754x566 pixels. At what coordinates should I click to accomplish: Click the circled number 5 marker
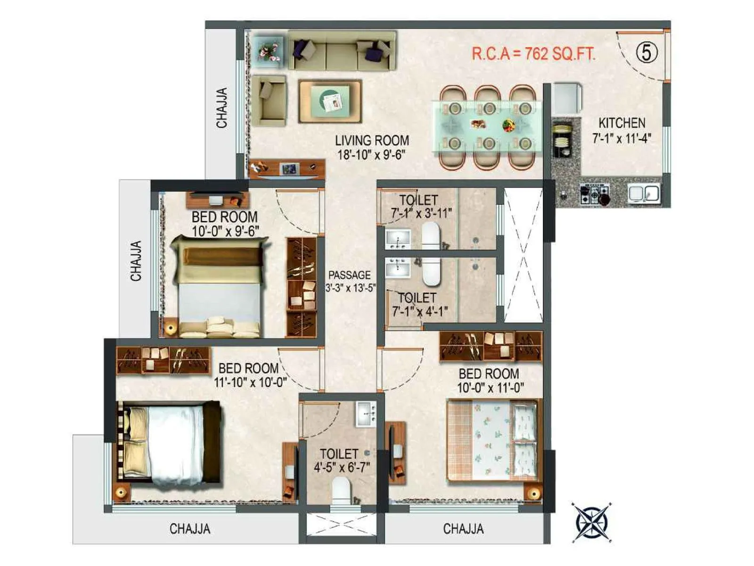coord(647,53)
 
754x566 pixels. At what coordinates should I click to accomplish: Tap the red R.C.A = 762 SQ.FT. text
coord(533,54)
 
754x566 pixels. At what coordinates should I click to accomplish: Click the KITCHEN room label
coord(622,123)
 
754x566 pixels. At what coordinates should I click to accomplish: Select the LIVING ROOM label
coord(372,140)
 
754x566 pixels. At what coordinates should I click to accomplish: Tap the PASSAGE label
coord(350,275)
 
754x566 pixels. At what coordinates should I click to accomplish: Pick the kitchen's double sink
coord(644,194)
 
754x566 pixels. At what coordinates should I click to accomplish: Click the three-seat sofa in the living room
coord(341,50)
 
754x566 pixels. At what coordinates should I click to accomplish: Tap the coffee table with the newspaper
coord(330,101)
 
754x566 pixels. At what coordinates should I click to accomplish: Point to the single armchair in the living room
coord(269,100)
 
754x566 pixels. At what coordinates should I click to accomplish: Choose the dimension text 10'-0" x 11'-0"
coord(490,388)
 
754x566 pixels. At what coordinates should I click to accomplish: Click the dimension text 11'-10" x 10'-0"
coord(250,383)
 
